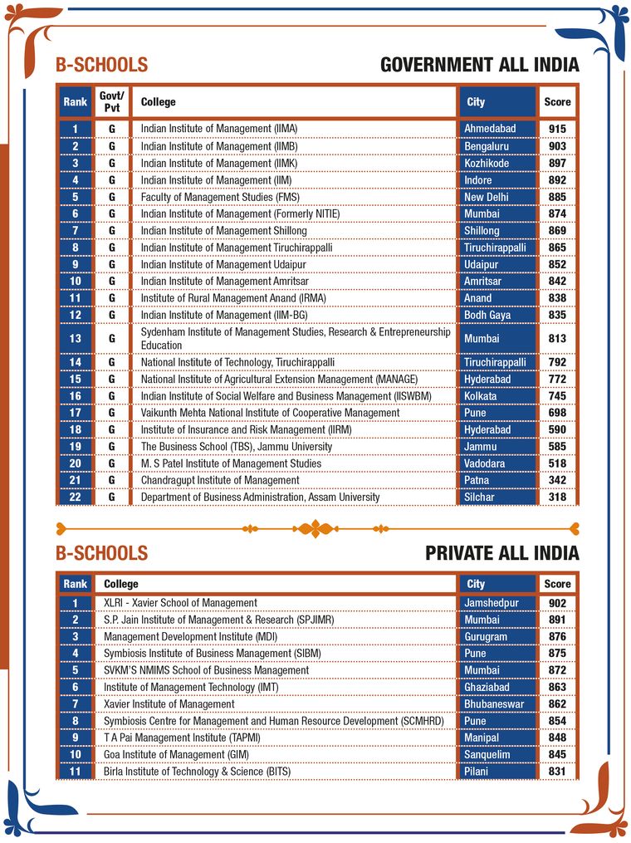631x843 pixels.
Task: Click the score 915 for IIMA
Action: click(557, 129)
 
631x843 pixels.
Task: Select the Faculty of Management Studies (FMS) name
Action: click(219, 197)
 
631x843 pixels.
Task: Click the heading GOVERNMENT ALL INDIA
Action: click(479, 65)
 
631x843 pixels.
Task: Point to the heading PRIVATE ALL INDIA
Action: click(501, 553)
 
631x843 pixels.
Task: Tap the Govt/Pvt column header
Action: click(110, 102)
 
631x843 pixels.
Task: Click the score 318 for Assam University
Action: click(557, 497)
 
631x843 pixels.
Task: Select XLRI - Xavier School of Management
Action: click(180, 603)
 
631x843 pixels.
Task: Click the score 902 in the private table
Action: click(557, 603)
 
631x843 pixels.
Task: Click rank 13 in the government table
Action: click(75, 339)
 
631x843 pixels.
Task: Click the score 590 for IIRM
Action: click(557, 430)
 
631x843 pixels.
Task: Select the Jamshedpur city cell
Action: click(496, 603)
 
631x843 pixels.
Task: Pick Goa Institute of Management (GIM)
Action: click(176, 755)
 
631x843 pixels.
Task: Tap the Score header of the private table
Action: click(557, 584)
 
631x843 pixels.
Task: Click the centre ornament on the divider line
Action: click(315, 527)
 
